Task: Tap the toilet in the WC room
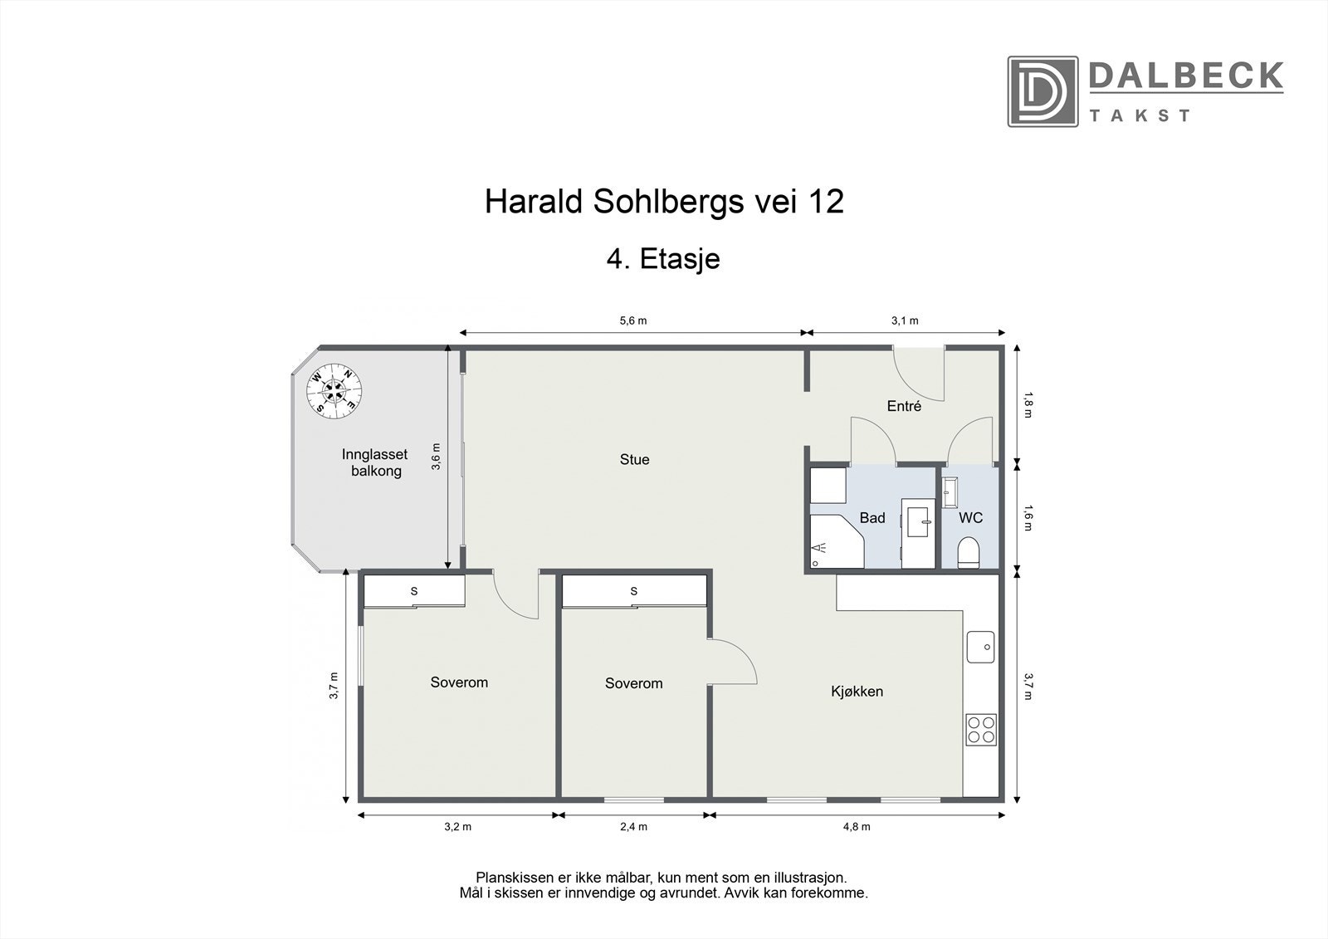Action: pyautogui.click(x=969, y=552)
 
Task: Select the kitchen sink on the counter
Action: pyautogui.click(x=980, y=647)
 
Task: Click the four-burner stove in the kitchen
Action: pyautogui.click(x=980, y=729)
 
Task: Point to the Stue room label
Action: pyautogui.click(x=634, y=459)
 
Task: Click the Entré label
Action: pyautogui.click(x=904, y=406)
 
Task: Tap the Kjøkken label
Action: pyautogui.click(x=857, y=691)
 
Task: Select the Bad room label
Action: pyautogui.click(x=871, y=518)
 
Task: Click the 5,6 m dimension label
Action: pyautogui.click(x=632, y=320)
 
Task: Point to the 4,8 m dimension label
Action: pyautogui.click(x=857, y=826)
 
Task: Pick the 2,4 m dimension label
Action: pyautogui.click(x=633, y=826)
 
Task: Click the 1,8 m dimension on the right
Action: pyautogui.click(x=1028, y=403)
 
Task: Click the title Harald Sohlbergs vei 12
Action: pyautogui.click(x=664, y=202)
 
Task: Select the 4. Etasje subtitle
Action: pyautogui.click(x=663, y=259)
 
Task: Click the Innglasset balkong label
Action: pyautogui.click(x=375, y=462)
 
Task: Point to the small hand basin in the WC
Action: pyautogui.click(x=950, y=491)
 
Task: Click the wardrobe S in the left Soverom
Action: pyautogui.click(x=413, y=591)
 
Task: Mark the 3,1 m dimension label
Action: pyautogui.click(x=905, y=320)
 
